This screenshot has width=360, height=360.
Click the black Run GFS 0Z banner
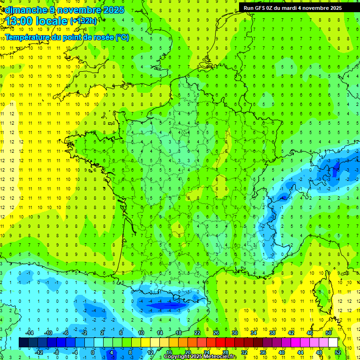tap(292, 8)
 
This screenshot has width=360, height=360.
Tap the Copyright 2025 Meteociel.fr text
tap(200, 357)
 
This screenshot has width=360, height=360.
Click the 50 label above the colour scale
tap(329, 333)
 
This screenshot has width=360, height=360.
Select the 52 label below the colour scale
tap(337, 352)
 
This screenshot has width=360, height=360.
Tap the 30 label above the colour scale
tap(234, 333)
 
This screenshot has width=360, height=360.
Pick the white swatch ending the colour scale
tap(333, 343)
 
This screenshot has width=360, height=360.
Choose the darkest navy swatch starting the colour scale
tap(23, 343)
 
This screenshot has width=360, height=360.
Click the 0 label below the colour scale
tap(93, 352)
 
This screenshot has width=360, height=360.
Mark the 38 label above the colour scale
tap(272, 333)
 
